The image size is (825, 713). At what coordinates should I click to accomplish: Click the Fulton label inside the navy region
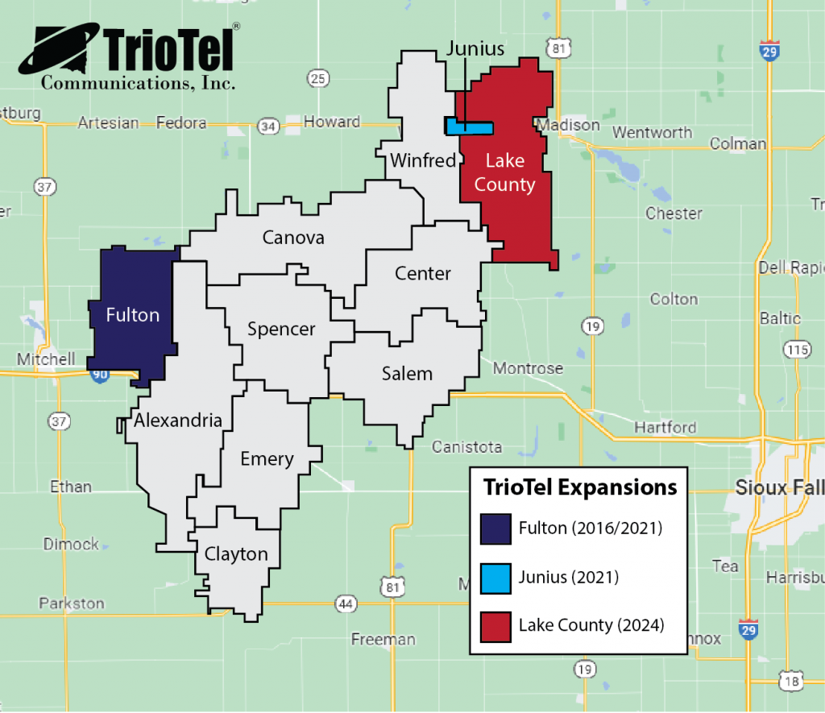(x=133, y=315)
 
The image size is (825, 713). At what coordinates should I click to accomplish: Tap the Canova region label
(x=293, y=238)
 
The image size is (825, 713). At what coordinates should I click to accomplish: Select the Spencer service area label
(x=281, y=329)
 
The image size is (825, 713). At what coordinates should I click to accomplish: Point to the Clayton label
(x=236, y=554)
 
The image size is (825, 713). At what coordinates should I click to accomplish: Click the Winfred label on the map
(x=423, y=160)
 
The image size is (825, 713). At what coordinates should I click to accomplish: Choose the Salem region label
(x=407, y=374)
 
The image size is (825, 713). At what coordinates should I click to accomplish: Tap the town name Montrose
(x=528, y=368)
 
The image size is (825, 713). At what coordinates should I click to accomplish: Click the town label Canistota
(x=466, y=446)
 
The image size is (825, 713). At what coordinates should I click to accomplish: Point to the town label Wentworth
(x=653, y=132)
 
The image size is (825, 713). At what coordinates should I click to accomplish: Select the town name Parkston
(x=72, y=603)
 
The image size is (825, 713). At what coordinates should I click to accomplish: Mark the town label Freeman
(x=383, y=640)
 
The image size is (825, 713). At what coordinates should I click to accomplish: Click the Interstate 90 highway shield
(x=99, y=375)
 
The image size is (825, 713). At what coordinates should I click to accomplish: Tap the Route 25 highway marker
(x=318, y=78)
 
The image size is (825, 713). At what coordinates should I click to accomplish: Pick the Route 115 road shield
(x=798, y=349)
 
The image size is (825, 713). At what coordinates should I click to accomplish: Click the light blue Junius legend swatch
(x=495, y=577)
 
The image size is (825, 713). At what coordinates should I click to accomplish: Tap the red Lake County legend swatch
(x=495, y=625)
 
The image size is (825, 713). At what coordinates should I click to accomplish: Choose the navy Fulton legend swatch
(x=495, y=529)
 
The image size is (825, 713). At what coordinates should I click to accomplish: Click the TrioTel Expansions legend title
(x=579, y=488)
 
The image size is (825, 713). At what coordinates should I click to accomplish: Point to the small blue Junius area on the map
(x=471, y=127)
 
